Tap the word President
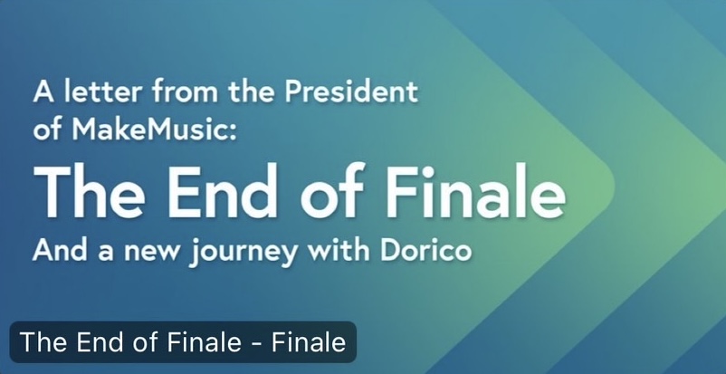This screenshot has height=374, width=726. [351, 91]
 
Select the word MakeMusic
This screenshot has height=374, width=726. [150, 130]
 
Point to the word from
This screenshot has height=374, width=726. [186, 91]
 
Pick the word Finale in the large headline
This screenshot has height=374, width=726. [475, 191]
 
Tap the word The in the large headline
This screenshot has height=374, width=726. [89, 191]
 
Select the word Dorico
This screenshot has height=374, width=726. [426, 250]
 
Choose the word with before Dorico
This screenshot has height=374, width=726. [339, 250]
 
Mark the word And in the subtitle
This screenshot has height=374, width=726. [60, 250]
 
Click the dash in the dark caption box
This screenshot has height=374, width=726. [256, 344]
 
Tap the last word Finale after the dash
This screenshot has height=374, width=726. [309, 342]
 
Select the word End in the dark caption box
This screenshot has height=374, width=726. [100, 342]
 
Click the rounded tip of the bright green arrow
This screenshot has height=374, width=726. [612, 186]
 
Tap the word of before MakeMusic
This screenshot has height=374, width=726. [48, 130]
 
